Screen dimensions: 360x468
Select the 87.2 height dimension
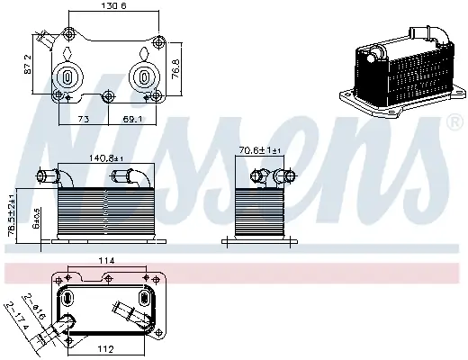click(x=30, y=64)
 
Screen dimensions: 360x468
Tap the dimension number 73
click(x=82, y=119)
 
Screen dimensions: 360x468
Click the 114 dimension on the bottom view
click(x=107, y=262)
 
